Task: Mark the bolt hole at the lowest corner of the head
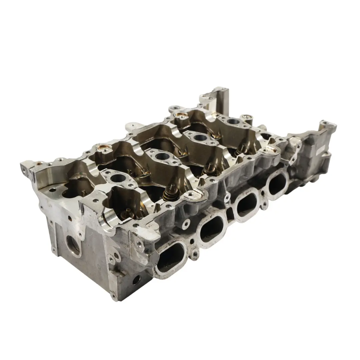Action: pos(136,281)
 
